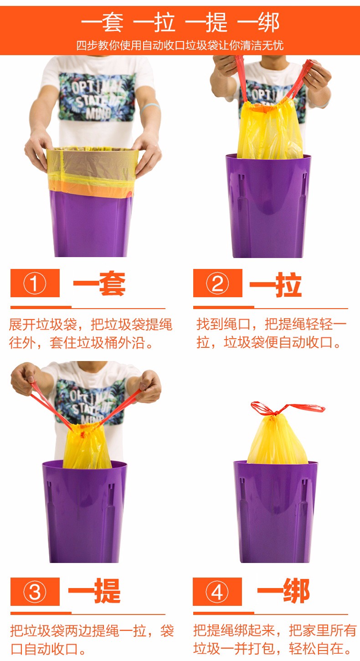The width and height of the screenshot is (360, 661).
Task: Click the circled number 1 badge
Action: tap(35, 283)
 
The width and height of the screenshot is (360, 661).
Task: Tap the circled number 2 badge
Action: tap(217, 283)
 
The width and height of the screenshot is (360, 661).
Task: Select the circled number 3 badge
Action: tap(35, 592)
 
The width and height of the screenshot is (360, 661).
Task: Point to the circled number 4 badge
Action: tap(217, 592)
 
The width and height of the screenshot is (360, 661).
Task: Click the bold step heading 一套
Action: tap(99, 284)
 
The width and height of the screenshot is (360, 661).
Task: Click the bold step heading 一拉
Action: tap(276, 285)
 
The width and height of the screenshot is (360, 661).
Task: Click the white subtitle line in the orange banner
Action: tap(180, 46)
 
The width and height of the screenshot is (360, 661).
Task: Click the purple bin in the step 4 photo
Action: tap(276, 511)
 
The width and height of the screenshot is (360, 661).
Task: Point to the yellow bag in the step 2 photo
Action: tap(270, 130)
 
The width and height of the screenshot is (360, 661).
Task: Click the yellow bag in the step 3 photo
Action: tap(86, 445)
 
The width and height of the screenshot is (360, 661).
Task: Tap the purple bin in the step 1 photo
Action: tap(91, 224)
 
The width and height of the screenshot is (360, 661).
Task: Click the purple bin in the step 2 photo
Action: tap(268, 206)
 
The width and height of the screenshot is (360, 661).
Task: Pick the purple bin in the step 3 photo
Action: tap(84, 511)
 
